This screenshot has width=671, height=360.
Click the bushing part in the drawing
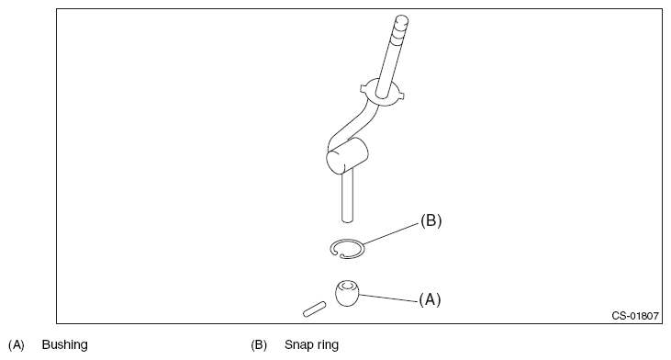(347, 293)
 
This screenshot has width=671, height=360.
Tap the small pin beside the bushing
(314, 309)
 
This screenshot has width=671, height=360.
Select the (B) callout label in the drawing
(431, 220)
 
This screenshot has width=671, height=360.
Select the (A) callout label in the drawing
(430, 299)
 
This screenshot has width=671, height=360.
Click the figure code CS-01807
(635, 316)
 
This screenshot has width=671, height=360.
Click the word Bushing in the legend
(64, 344)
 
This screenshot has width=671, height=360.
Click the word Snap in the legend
(296, 345)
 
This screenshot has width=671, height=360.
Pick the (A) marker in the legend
(17, 345)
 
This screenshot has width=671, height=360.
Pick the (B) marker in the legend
(259, 345)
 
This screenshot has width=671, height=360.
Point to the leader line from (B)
(391, 233)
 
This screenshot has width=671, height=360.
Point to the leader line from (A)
(388, 298)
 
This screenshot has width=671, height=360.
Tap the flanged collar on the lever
(382, 93)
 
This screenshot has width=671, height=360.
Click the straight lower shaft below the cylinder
(348, 196)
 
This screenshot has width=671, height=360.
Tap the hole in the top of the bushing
(347, 286)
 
